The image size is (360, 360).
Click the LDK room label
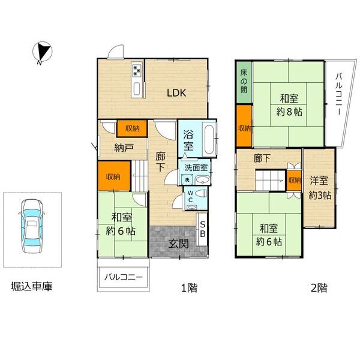(176, 93)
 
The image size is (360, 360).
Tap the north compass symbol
(42, 52)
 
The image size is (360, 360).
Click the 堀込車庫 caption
(31, 286)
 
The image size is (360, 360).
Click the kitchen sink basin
(137, 88)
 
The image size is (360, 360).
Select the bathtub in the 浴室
(209, 139)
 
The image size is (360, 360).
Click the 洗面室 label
(196, 168)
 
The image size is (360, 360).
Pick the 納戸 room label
(124, 148)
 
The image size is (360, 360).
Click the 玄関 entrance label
(179, 244)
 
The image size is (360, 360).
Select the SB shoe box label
(203, 229)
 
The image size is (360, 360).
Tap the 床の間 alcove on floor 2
(244, 82)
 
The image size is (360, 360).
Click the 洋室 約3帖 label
(320, 188)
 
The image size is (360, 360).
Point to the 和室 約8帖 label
(289, 106)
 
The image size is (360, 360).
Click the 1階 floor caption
(189, 287)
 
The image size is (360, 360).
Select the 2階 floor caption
(319, 287)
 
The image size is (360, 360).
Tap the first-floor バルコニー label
(124, 277)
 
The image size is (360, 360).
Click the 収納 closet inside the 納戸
(133, 128)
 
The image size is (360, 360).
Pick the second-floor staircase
(271, 180)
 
